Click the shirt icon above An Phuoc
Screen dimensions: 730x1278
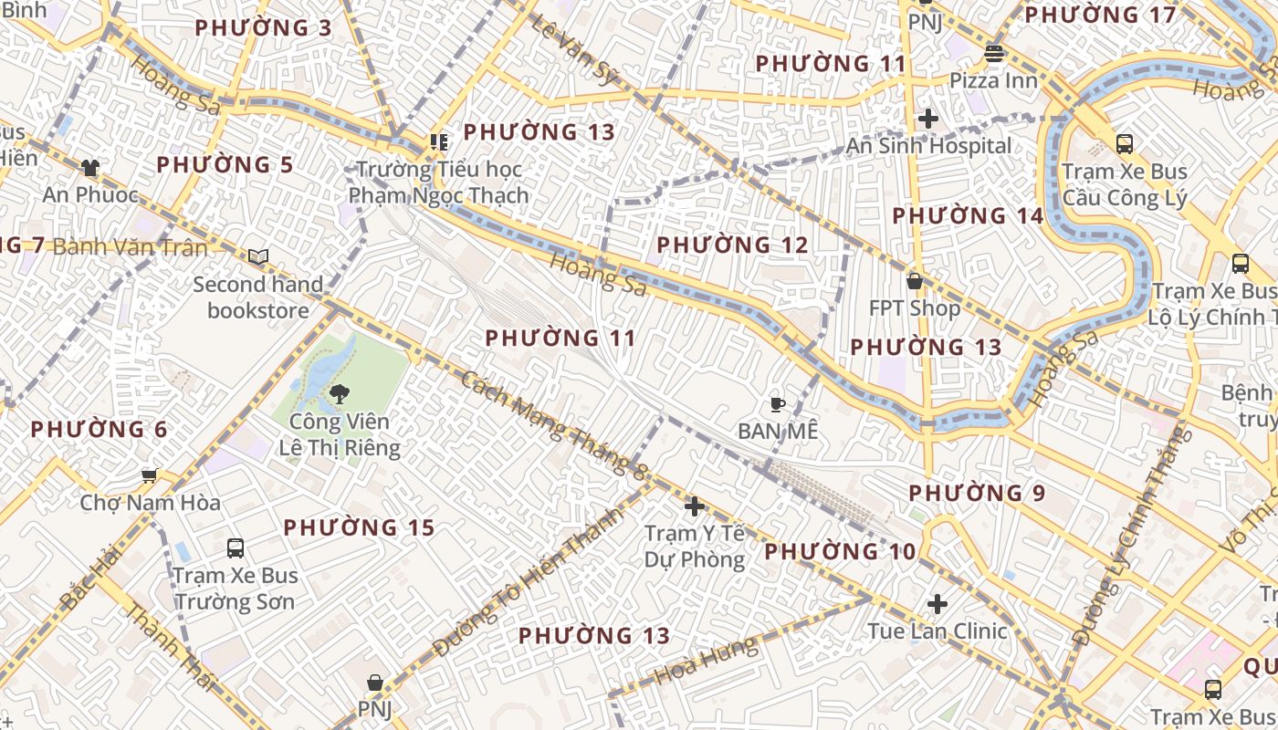89,167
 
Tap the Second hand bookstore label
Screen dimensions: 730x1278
258,297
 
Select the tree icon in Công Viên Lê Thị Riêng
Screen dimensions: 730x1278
340,394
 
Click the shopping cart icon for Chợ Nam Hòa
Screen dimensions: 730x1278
150,475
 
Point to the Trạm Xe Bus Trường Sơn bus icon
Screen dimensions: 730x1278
236,548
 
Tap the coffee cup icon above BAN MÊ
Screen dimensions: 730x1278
778,403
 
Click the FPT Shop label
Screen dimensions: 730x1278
915,308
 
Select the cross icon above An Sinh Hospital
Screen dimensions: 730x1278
928,119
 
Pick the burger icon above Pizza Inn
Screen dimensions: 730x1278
994,54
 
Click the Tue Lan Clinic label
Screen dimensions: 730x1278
938,631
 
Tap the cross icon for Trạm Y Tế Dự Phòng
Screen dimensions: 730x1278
695,506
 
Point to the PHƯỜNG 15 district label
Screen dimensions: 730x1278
359,527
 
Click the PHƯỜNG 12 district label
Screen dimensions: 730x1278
732,245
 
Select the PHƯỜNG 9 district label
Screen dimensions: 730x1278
977,493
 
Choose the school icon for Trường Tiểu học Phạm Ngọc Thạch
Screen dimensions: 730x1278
439,142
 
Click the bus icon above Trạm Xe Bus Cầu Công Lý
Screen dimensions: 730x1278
1125,144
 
